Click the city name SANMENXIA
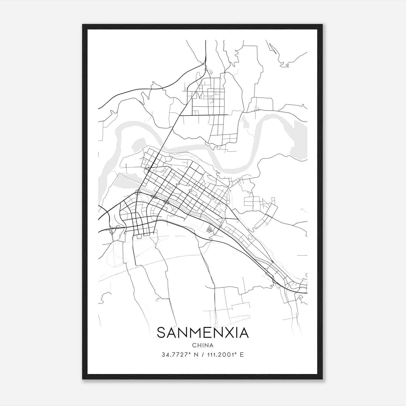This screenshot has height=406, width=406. tap(203, 333)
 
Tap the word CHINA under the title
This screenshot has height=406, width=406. tap(203, 345)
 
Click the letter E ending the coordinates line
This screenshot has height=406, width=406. tap(242, 355)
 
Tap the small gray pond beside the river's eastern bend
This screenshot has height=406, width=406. tap(245, 124)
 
